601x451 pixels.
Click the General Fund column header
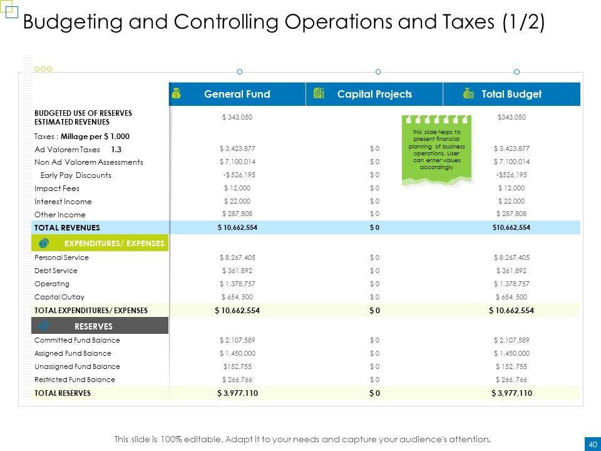pyautogui.click(x=237, y=94)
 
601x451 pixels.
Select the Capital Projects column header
pyautogui.click(x=374, y=94)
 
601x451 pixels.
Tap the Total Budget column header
pyautogui.click(x=511, y=94)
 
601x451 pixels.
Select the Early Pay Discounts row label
pyautogui.click(x=75, y=175)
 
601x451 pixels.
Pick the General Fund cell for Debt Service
pyautogui.click(x=237, y=271)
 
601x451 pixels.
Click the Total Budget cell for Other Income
pyautogui.click(x=511, y=214)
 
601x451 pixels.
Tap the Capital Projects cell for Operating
pyautogui.click(x=374, y=284)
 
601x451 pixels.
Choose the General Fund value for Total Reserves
pyautogui.click(x=237, y=393)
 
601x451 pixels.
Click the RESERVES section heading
pyautogui.click(x=93, y=326)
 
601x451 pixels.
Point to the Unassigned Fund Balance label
pyautogui.click(x=77, y=366)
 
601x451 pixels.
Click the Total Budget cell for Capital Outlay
pyautogui.click(x=511, y=297)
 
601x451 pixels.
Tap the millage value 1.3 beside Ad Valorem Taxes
pyautogui.click(x=116, y=150)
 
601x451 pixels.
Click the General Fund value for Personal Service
pyautogui.click(x=237, y=257)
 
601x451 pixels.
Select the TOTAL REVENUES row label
pyautogui.click(x=67, y=227)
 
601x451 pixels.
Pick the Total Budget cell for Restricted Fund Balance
pyautogui.click(x=511, y=380)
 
